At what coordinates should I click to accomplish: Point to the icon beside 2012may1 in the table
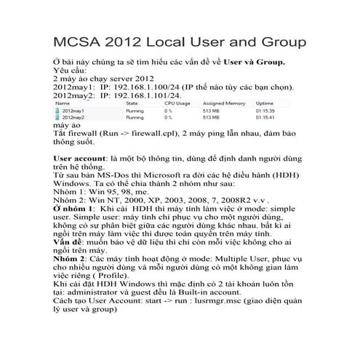pos(60,111)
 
